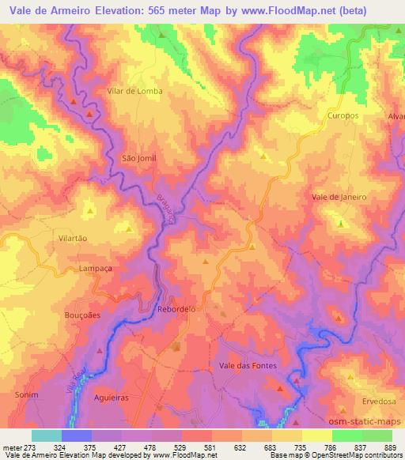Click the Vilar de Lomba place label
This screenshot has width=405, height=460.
(134, 91)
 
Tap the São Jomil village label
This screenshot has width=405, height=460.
(138, 158)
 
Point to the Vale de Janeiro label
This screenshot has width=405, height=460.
(339, 197)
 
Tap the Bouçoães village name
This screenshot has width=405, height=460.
(81, 314)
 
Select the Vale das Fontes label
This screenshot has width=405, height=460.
(244, 365)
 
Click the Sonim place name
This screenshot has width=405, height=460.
(25, 393)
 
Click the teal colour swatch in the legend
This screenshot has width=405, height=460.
(47, 435)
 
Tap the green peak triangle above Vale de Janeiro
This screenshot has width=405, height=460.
(341, 224)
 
